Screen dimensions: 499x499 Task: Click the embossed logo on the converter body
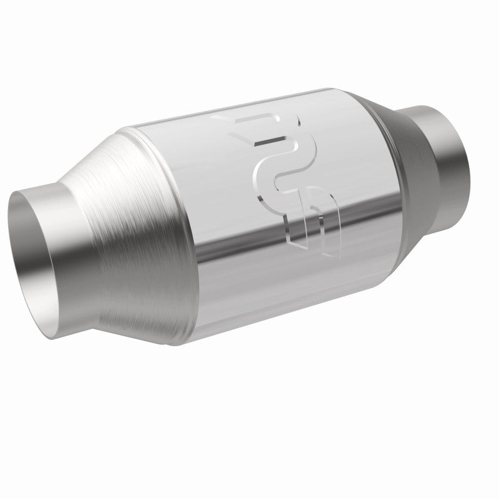tap(287, 181)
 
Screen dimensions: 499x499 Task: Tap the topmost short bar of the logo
tap(249, 119)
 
